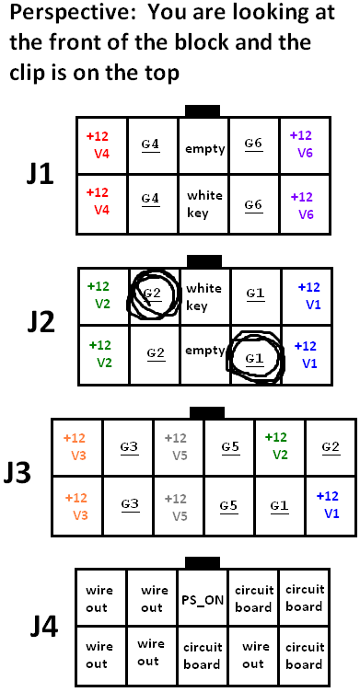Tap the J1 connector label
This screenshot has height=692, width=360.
[x=41, y=175]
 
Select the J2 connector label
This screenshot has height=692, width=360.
[x=41, y=323]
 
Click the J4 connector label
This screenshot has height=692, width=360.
[x=44, y=628]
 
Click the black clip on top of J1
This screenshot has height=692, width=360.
[x=203, y=111]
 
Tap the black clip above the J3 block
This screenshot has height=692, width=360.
[x=207, y=412]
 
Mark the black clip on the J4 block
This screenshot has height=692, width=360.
[x=203, y=563]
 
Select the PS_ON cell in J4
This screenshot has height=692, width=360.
[x=203, y=600]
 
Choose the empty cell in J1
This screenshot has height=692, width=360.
[x=204, y=146]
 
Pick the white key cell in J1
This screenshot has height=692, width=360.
[x=204, y=204]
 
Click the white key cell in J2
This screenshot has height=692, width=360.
[x=205, y=296]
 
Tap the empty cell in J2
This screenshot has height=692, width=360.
[x=205, y=355]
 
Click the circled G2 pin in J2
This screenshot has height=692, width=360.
[x=155, y=294]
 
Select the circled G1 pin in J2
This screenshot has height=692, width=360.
[x=256, y=356]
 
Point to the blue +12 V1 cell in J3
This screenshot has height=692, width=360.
[x=330, y=505]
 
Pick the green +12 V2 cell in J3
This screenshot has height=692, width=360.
[x=279, y=446]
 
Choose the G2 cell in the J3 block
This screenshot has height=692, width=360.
[x=331, y=447]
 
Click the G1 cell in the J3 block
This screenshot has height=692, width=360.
[x=279, y=506]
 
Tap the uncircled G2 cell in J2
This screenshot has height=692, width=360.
[x=156, y=354]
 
